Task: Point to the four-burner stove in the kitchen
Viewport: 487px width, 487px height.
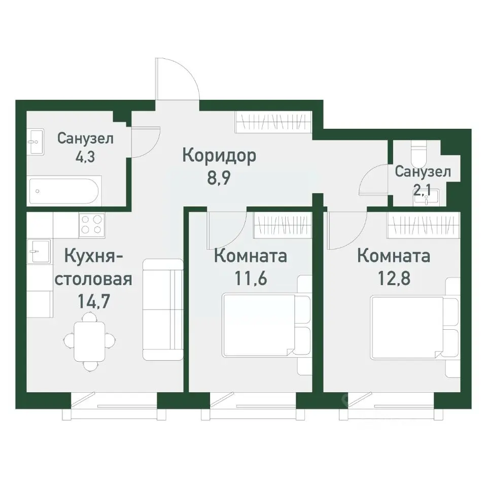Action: pyautogui.click(x=92, y=225)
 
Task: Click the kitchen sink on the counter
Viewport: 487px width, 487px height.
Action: pyautogui.click(x=39, y=251)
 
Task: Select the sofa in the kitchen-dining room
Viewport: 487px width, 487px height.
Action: pyautogui.click(x=163, y=309)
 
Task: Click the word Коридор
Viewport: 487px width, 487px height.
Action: pyautogui.click(x=219, y=155)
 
